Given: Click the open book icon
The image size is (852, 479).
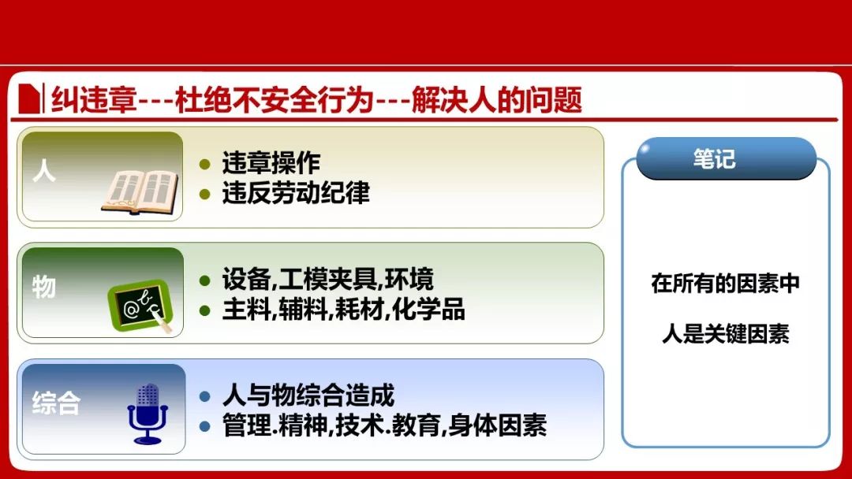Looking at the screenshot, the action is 140,192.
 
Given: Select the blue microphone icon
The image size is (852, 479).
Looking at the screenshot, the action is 148,414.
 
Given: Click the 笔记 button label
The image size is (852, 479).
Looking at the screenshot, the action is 714,159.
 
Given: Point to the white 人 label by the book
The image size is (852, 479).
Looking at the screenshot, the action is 44,171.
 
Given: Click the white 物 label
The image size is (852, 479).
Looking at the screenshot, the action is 44,287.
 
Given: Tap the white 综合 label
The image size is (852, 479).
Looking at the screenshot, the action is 56,403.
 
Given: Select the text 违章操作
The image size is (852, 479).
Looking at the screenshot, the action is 271,163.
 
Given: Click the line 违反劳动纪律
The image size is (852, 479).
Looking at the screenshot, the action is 296,192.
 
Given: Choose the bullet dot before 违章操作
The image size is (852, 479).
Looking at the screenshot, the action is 205,164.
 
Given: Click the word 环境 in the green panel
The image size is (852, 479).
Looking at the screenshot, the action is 409,280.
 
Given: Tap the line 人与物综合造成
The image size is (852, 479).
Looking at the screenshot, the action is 308,395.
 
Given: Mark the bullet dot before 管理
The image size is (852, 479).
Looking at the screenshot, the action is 205,426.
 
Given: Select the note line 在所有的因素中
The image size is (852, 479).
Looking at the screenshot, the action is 726,284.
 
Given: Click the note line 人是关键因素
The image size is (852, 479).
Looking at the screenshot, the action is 726,333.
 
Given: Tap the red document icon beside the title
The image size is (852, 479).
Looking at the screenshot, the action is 29,98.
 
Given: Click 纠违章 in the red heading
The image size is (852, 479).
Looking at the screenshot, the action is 93,100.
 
